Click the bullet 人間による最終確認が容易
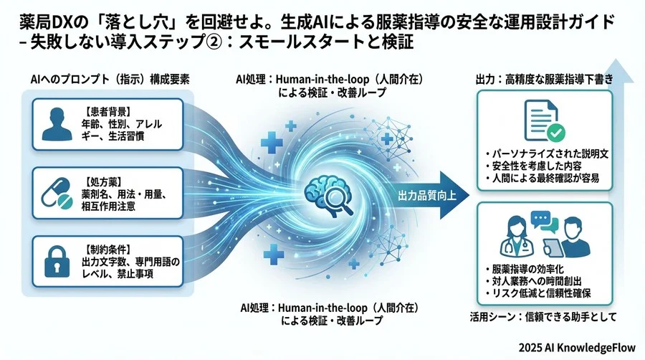click(x=545, y=178)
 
